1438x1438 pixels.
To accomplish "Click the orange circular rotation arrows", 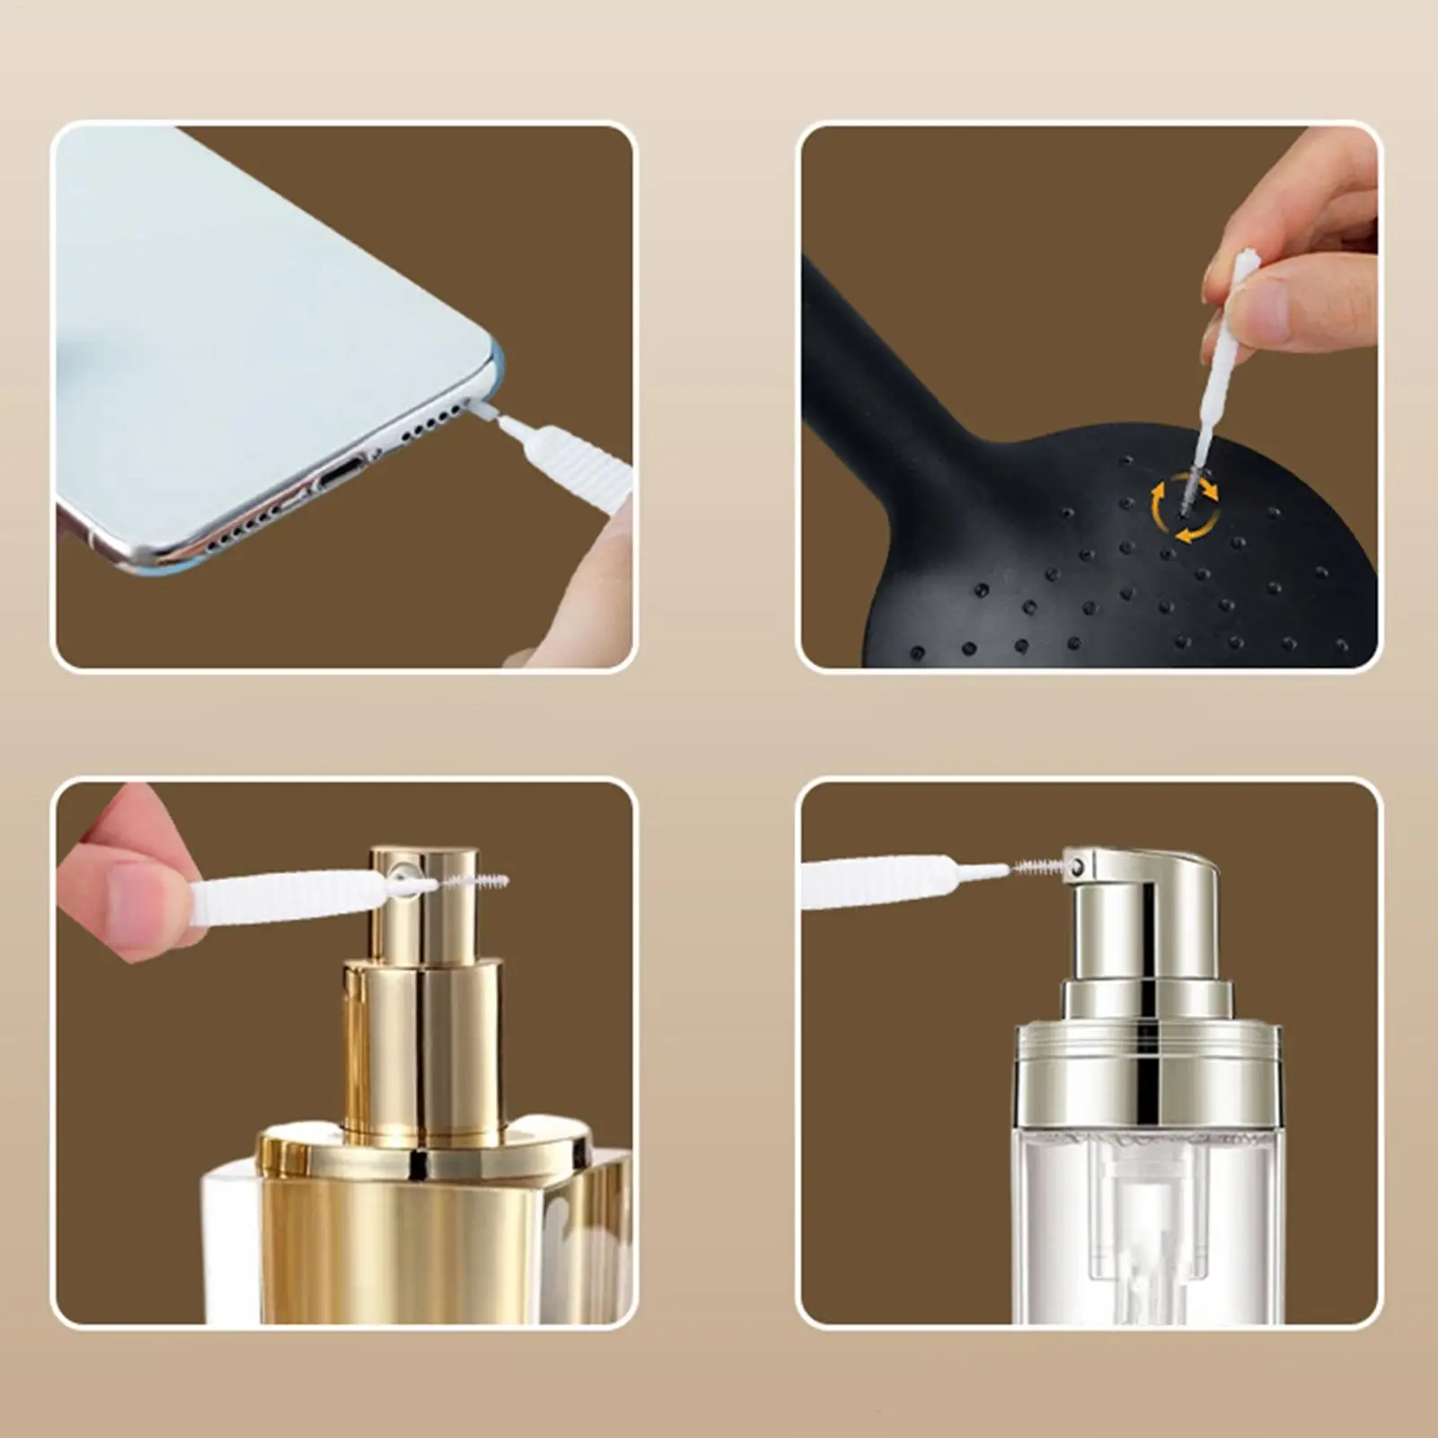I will (1186, 509).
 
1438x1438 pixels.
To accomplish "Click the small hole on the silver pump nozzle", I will (1077, 867).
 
